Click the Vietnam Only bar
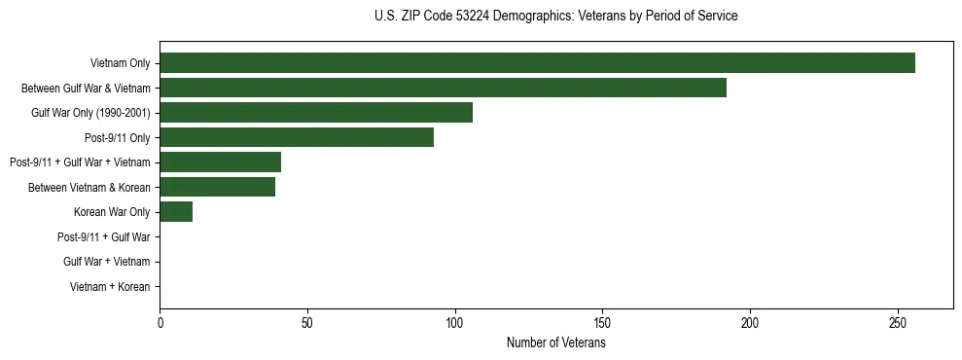[537, 63]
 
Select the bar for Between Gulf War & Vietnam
[443, 88]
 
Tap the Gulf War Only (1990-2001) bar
[316, 113]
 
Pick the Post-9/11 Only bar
[297, 137]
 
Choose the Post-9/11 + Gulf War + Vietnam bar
[220, 162]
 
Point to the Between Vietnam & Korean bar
[217, 187]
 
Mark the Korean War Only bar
[176, 212]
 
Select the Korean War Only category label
[112, 212]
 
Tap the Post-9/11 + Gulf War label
[104, 236]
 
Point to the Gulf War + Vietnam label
[107, 262]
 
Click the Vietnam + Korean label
[110, 287]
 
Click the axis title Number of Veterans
[555, 342]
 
